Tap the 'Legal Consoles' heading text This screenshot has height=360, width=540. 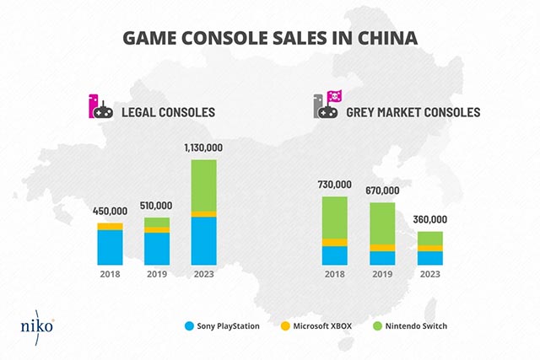168,111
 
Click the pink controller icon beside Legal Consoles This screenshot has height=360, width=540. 100,107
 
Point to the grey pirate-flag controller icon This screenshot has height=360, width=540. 327,107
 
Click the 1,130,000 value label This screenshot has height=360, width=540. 203,148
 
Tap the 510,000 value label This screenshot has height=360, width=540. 156,205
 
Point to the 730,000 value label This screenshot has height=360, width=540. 335,185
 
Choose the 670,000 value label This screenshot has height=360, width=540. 382,191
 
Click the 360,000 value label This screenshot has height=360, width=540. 429,219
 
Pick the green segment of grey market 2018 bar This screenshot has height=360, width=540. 335,218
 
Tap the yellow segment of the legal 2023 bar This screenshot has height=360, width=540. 203,214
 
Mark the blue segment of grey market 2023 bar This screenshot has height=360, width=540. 429,258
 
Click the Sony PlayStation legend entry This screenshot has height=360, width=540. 224,325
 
